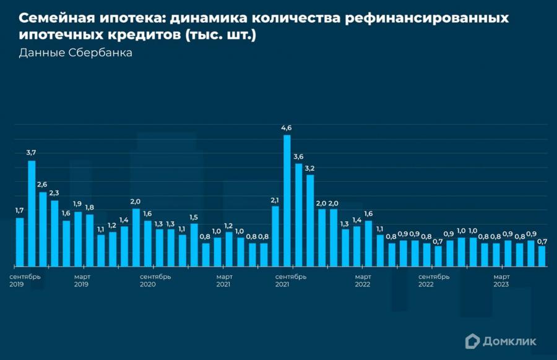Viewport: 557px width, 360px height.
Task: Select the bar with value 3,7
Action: coord(32,213)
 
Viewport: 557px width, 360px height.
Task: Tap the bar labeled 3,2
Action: coord(310,220)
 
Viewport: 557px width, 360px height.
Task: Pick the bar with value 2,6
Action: coord(43,229)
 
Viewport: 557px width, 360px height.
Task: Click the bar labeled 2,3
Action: coord(54,233)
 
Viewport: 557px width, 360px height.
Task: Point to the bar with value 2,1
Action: coord(275,236)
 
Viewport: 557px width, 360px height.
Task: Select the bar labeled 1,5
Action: coord(194,244)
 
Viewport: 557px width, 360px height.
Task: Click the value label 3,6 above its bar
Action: coord(298,156)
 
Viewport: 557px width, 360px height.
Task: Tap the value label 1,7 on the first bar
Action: coord(20,210)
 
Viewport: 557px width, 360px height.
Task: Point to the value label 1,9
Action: coord(77,204)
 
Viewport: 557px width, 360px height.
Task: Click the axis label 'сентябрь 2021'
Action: coord(291,280)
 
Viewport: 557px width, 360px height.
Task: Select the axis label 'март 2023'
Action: coord(501,280)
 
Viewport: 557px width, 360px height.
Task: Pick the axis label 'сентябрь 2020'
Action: coord(156,280)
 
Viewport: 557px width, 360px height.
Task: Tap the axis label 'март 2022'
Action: coord(363,280)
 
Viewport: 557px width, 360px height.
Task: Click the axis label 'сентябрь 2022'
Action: coord(434,280)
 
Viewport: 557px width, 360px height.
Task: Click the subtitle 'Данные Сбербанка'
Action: coord(76,53)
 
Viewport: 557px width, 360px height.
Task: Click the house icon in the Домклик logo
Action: coord(472,340)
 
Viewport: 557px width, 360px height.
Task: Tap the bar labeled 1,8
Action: coord(89,240)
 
